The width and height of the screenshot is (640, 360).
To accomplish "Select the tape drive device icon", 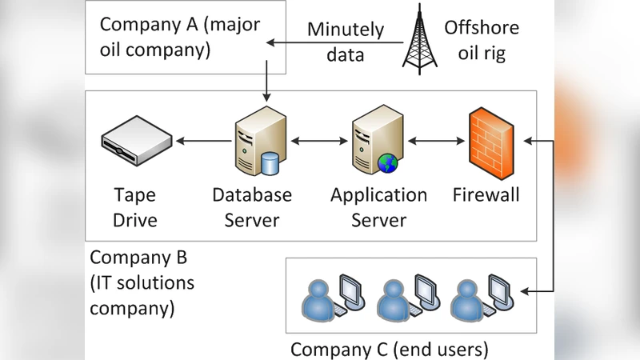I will [137, 142].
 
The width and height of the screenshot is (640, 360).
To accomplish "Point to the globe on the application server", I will [388, 163].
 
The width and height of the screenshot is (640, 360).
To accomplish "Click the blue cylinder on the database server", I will [270, 164].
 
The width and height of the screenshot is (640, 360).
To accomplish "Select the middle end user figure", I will [392, 299].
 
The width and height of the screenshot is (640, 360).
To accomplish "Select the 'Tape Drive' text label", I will [134, 207].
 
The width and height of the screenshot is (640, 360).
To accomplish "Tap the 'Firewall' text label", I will [486, 195].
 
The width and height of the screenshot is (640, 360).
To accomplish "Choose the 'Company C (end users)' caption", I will [389, 350].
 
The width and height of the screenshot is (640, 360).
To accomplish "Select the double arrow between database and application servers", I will [316, 142].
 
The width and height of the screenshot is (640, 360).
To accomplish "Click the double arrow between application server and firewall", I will [435, 142].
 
